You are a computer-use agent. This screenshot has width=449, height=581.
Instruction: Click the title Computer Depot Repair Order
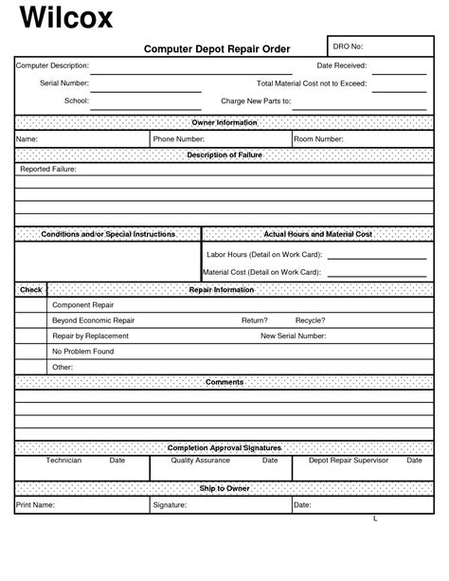217,48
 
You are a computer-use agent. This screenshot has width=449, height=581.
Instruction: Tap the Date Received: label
342,65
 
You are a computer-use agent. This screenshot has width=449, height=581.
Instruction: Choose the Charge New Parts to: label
255,100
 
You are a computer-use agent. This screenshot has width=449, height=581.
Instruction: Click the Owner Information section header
224,123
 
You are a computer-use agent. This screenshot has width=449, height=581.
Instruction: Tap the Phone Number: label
179,139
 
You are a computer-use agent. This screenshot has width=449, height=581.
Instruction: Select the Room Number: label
318,139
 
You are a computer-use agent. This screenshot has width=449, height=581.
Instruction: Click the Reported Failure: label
48,169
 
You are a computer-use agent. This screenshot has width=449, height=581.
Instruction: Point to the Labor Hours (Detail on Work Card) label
264,255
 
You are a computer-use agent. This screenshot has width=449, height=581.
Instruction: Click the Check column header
31,289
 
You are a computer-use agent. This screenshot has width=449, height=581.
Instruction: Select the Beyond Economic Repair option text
93,320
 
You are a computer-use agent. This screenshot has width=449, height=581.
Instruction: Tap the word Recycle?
310,320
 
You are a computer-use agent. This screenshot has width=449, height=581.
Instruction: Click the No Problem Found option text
82,351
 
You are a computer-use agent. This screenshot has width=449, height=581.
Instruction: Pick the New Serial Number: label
294,336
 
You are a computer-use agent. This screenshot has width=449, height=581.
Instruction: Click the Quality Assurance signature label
200,460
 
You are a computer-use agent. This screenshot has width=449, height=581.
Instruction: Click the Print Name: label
36,505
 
